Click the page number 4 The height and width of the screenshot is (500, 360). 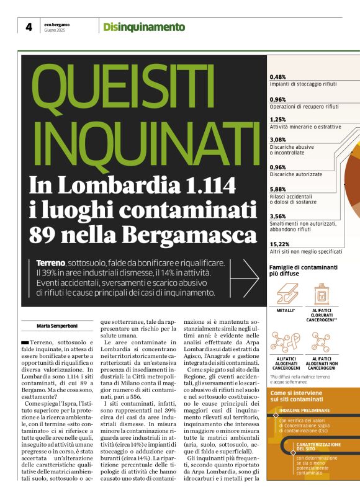pyautogui.click(x=29, y=27)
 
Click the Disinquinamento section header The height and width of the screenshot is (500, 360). pyautogui.click(x=144, y=27)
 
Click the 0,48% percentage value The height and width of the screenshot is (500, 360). pyautogui.click(x=278, y=77)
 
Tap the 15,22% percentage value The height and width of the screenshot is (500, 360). pyautogui.click(x=280, y=244)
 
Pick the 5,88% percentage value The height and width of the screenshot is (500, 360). pyautogui.click(x=278, y=189)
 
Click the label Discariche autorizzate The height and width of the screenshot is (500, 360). pyautogui.click(x=296, y=174)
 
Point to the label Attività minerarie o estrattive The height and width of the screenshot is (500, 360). pyautogui.click(x=305, y=127)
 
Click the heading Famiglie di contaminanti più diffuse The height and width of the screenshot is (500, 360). pyautogui.click(x=303, y=270)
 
